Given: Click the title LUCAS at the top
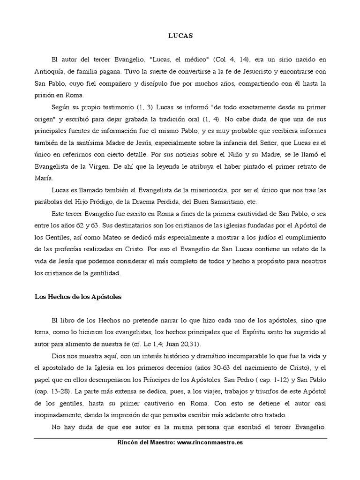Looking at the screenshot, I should [180, 35].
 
